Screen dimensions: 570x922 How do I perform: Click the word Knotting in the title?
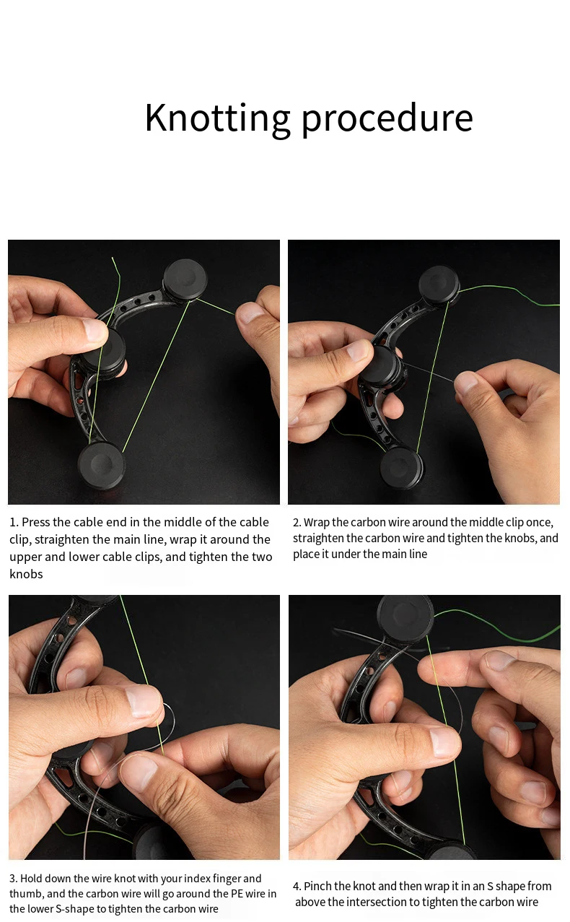pos(218,118)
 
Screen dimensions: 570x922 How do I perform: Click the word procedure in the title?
pos(387,119)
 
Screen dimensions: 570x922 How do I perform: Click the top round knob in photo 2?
pos(439,285)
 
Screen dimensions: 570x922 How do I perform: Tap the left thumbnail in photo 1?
pos(95,330)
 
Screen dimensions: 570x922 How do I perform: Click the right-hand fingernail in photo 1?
pos(248,313)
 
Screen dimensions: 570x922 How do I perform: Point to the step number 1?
pos(14,522)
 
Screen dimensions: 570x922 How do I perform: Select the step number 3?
pos(14,879)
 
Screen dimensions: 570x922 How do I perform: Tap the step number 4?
pos(297,886)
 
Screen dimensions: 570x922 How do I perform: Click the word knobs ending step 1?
pos(26,574)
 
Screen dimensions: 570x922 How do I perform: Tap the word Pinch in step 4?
pos(317,886)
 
